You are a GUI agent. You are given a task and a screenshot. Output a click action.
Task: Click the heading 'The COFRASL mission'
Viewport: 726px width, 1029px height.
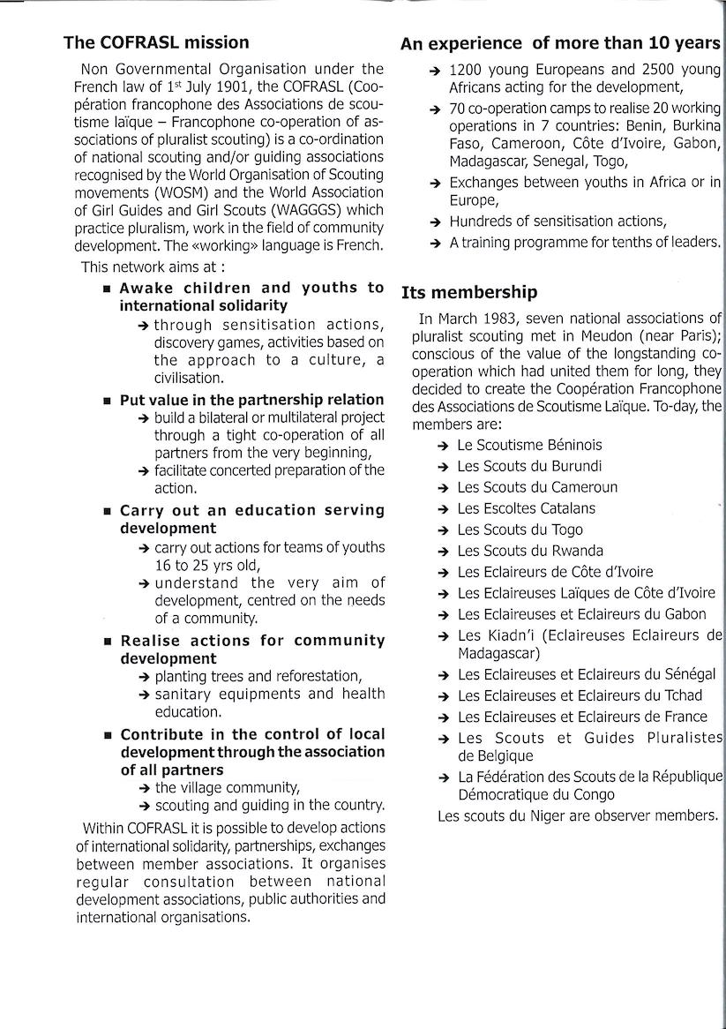[x=156, y=42]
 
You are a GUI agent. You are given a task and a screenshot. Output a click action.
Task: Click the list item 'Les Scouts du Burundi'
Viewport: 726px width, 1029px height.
[x=529, y=466]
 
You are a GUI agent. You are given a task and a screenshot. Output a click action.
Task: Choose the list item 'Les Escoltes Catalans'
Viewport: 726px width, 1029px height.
[x=526, y=508]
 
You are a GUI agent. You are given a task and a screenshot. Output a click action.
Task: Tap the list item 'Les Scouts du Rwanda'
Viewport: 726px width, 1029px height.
[x=529, y=551]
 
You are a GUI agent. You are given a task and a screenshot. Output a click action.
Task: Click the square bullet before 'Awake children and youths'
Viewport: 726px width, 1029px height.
[x=107, y=289]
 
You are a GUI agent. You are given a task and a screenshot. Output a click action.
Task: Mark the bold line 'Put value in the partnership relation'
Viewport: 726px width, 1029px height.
[x=251, y=399]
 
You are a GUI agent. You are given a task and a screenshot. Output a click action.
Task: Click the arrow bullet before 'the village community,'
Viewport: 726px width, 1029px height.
[x=144, y=788]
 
